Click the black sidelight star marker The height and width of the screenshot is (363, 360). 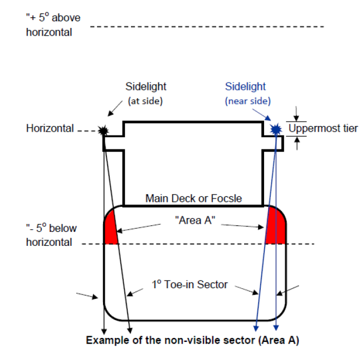(103, 130)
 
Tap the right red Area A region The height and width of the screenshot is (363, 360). (276, 228)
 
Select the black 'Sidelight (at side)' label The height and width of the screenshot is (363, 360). (145, 93)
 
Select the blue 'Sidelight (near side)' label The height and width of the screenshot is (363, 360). (245, 93)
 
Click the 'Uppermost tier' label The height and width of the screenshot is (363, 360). (323, 129)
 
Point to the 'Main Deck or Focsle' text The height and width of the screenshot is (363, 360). (193, 198)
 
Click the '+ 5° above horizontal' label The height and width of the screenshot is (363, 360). (53, 25)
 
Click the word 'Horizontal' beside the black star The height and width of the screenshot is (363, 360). (50, 129)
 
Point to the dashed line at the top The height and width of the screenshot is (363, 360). (206, 26)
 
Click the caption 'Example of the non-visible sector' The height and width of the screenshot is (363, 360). (192, 340)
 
